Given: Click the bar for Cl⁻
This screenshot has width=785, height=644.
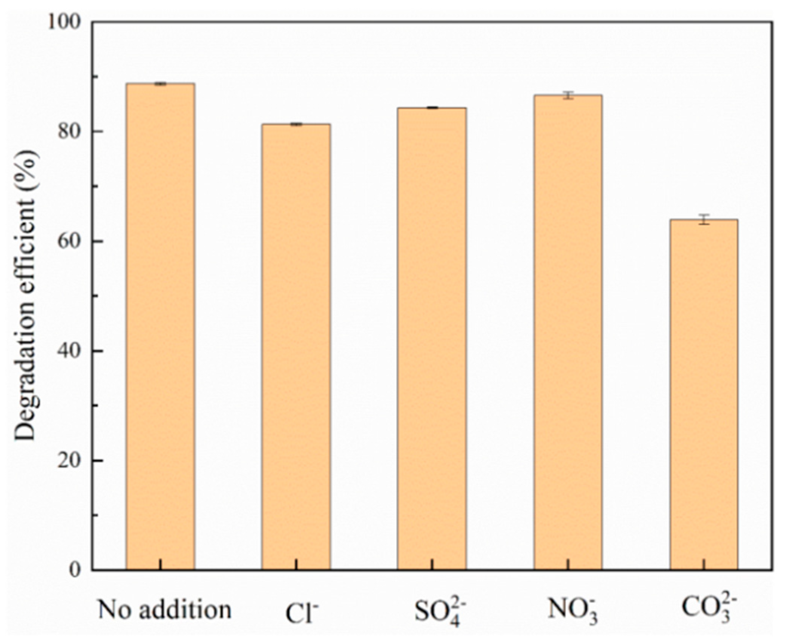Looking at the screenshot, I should (x=296, y=347).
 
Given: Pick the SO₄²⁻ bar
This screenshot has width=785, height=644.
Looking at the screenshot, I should (x=432, y=340).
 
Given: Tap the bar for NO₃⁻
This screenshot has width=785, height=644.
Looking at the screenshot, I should (x=568, y=332).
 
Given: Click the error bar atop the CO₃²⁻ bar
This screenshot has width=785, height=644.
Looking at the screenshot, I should (x=704, y=219).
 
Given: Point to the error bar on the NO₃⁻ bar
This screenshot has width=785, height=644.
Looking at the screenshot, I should (x=568, y=95).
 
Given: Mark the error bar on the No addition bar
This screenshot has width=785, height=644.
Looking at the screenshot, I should (x=160, y=83).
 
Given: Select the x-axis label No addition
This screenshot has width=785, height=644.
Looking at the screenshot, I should (x=165, y=610).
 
